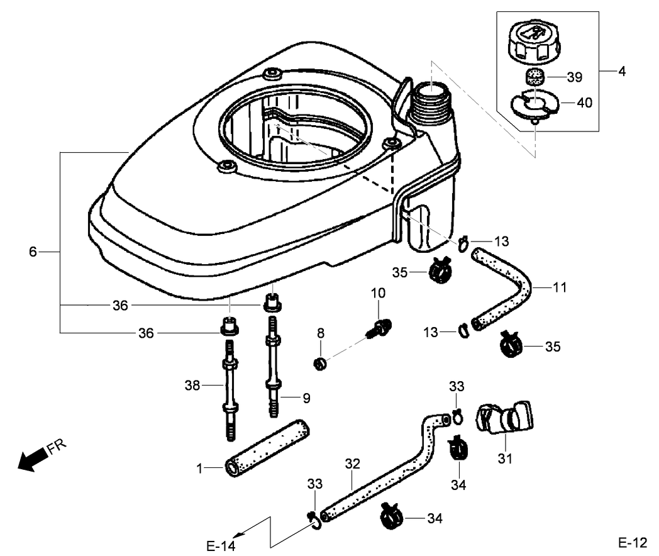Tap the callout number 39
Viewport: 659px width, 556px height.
coord(574,77)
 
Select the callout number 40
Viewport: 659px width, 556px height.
coord(584,103)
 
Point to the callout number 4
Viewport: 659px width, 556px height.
coord(622,72)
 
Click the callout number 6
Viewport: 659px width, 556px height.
coord(33,252)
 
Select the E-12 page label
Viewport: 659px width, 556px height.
coord(632,543)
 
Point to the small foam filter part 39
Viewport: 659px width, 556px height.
coord(535,77)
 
